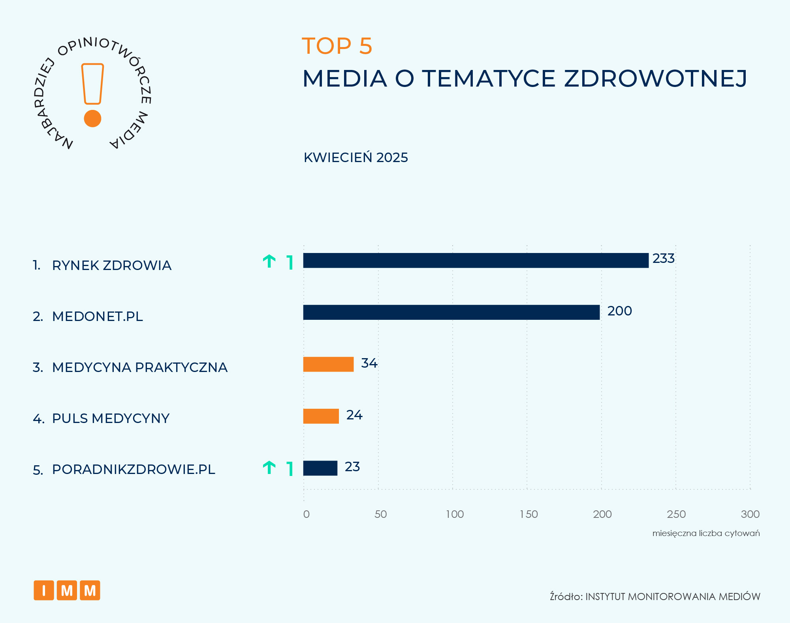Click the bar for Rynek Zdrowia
pyautogui.click(x=476, y=261)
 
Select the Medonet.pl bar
pyautogui.click(x=451, y=312)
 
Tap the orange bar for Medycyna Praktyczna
pyautogui.click(x=328, y=364)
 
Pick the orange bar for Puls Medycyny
pyautogui.click(x=321, y=416)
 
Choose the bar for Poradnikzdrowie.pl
pyautogui.click(x=320, y=468)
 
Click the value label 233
pyautogui.click(x=663, y=259)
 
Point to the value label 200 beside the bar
pyautogui.click(x=619, y=311)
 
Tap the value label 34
pyautogui.click(x=369, y=363)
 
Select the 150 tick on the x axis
pyautogui.click(x=529, y=514)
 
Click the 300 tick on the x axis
pyautogui.click(x=750, y=514)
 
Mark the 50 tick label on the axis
pyautogui.click(x=380, y=514)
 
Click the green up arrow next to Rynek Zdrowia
pyautogui.click(x=269, y=262)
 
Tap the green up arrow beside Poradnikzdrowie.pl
pyautogui.click(x=269, y=468)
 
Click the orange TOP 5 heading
pyautogui.click(x=337, y=46)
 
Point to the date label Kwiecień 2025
pyautogui.click(x=355, y=158)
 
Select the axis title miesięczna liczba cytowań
pyautogui.click(x=706, y=533)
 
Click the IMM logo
pyautogui.click(x=67, y=590)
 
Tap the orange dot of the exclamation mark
pyautogui.click(x=93, y=119)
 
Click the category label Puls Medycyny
pyautogui.click(x=111, y=418)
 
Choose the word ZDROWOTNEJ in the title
pyautogui.click(x=655, y=78)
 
